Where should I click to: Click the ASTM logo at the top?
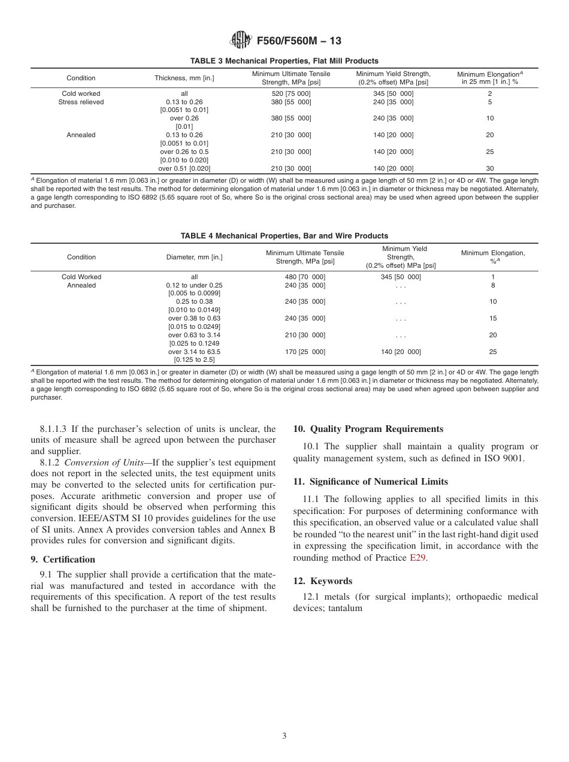pos(241,41)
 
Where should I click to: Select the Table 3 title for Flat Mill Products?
pos(284,61)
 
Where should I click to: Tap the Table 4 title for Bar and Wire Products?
pos(284,236)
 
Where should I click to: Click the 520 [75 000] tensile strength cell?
pos(291,94)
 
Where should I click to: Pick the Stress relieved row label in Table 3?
pos(81,102)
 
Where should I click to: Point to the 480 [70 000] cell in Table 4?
pos(305,277)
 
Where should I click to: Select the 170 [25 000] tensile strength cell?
pos(305,352)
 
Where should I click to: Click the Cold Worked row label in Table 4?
pos(81,277)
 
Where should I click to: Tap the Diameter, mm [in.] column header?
pos(194,258)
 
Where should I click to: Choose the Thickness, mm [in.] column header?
pos(184,78)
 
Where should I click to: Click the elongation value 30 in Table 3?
pos(490,169)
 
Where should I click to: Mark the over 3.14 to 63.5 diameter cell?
pos(194,352)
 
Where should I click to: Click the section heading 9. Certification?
pos(63,560)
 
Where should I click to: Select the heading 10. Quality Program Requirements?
pos(368,429)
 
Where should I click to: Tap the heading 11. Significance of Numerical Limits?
pos(370,482)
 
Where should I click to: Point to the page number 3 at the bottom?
pos(284,736)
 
